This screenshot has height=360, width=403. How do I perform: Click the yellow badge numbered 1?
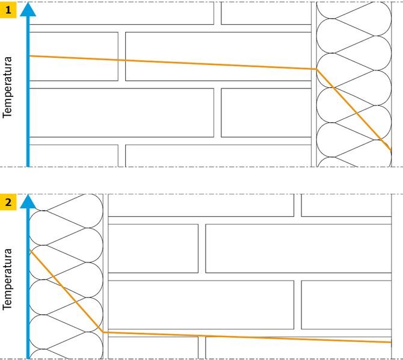pyautogui.click(x=8, y=10)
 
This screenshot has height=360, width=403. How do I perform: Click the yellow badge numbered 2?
pyautogui.click(x=8, y=202)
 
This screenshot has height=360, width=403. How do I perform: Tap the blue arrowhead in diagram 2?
pyautogui.click(x=28, y=202)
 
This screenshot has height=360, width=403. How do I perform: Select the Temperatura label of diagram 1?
pyautogui.click(x=7, y=87)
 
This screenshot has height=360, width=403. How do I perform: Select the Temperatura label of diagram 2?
pyautogui.click(x=7, y=279)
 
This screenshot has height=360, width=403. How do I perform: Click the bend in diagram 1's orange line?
pyautogui.click(x=316, y=69)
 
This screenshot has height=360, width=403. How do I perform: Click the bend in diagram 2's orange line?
pyautogui.click(x=103, y=332)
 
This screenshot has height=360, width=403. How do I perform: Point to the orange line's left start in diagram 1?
pyautogui.click(x=30, y=56)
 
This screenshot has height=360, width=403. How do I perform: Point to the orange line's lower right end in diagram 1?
pyautogui.click(x=391, y=151)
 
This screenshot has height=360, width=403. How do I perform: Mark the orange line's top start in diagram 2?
pyautogui.click(x=30, y=250)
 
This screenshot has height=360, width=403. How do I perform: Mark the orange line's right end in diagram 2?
pyautogui.click(x=391, y=343)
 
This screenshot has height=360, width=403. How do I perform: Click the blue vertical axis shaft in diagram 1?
pyautogui.click(x=28, y=92)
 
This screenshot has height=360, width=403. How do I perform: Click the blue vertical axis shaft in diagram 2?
pyautogui.click(x=28, y=284)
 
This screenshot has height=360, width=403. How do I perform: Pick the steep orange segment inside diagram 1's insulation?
pyautogui.click(x=354, y=110)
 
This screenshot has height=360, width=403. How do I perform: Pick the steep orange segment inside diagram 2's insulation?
pyautogui.click(x=66, y=291)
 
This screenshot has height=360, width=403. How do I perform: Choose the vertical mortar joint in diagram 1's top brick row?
pyautogui.click(x=217, y=13)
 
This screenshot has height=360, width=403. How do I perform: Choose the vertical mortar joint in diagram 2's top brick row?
pyautogui.click(x=298, y=205)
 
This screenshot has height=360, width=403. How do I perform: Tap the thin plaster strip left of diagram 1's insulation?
pyautogui.click(x=314, y=84)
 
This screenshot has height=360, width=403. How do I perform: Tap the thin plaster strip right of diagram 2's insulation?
pyautogui.click(x=105, y=277)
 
